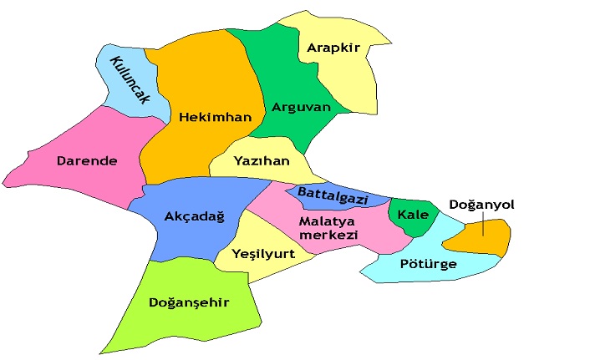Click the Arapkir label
333,48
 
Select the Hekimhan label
215,118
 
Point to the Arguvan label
302,107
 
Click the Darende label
87,160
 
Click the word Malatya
328,221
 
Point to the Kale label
413,215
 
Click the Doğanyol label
481,204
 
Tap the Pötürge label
428,264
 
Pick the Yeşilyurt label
264,254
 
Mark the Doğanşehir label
188,302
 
